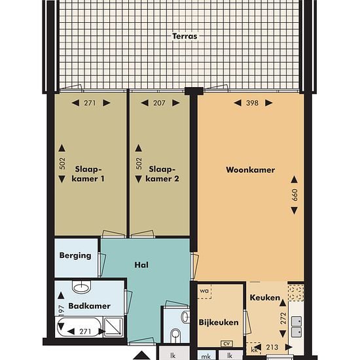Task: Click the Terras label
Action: [x=185, y=36]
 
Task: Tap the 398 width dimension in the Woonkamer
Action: [x=252, y=103]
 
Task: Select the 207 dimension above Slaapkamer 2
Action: [x=159, y=103]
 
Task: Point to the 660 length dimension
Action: [x=295, y=195]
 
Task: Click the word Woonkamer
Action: [x=250, y=170]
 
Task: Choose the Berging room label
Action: [x=75, y=255]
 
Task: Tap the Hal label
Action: [x=141, y=265]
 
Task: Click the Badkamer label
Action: [x=90, y=306]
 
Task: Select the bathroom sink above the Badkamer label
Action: [x=82, y=287]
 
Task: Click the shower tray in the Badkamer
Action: [x=113, y=326]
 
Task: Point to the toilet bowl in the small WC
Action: [x=176, y=336]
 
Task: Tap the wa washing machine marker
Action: [x=204, y=291]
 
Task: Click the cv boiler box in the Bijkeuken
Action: [x=226, y=344]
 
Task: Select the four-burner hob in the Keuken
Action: [x=296, y=293]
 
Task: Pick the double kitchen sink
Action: [x=297, y=326]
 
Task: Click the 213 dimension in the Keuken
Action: [x=272, y=347]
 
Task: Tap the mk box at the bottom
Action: [x=206, y=356]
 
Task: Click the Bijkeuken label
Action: [x=219, y=322]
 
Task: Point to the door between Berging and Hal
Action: [x=101, y=264]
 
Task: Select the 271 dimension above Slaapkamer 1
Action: [x=90, y=103]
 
